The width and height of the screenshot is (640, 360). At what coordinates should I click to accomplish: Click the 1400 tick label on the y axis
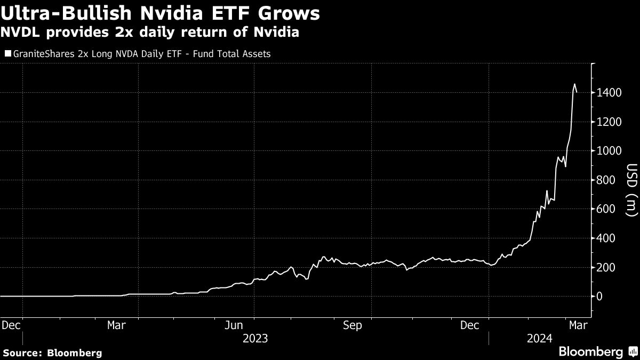click(x=609, y=93)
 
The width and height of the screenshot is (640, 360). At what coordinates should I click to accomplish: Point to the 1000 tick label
click(x=609, y=151)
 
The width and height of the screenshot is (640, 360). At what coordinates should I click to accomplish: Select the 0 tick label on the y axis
click(x=601, y=296)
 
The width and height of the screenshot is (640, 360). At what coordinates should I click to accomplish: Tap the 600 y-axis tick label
click(x=606, y=209)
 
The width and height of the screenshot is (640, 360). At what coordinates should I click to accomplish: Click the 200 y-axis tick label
click(x=606, y=267)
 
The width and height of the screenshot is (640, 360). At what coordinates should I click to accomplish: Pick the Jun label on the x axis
click(x=234, y=325)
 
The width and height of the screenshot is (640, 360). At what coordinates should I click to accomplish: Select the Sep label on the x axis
click(x=352, y=325)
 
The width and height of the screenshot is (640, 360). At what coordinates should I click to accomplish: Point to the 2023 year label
click(x=255, y=338)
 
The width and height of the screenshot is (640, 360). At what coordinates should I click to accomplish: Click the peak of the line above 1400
click(x=574, y=84)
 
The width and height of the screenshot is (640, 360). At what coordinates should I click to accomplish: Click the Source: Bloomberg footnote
click(x=52, y=353)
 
